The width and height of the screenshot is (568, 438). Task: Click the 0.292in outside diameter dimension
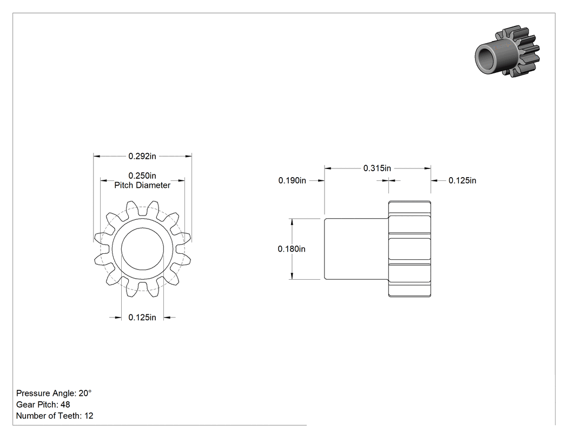pos(142,156)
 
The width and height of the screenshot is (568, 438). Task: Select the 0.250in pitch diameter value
pos(142,176)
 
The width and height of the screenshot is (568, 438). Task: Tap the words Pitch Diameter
pos(142,185)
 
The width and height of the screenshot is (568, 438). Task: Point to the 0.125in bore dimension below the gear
pos(142,318)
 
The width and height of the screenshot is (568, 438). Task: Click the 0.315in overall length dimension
pos(377,168)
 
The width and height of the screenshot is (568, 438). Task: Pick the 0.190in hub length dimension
pos(292,180)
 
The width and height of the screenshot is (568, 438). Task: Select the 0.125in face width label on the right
pos(462,180)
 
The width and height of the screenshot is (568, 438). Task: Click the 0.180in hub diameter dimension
pos(292,249)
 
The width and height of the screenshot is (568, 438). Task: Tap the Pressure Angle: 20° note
pos(54,393)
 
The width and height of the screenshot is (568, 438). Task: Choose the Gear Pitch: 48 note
pos(43,405)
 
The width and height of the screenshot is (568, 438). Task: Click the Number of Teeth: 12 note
pos(55,416)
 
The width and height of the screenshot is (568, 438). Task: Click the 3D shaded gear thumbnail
pos(507,51)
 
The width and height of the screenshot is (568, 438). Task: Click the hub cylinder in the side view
pos(356,249)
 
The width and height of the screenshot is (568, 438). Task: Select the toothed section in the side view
pos(410,249)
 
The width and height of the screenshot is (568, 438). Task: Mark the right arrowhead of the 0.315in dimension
pos(428,168)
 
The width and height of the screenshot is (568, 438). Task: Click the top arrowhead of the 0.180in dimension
pos(292,221)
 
